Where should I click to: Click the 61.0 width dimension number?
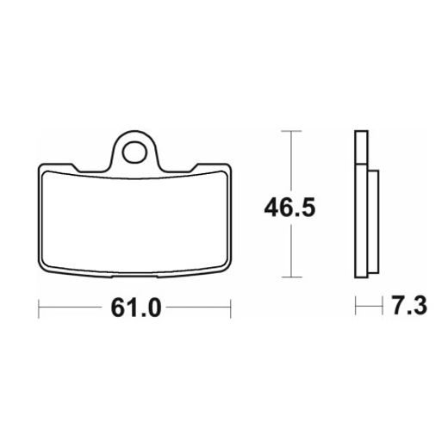pos(136,308)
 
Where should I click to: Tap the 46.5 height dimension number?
pos(289,208)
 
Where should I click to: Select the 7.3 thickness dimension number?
pos(409,306)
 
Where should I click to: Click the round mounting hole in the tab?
pos(134,152)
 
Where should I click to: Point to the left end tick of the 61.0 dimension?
pos(39,308)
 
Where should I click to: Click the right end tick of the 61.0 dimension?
pos(231,308)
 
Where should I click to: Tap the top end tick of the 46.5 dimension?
pos(291,131)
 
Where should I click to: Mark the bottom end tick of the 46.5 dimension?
pos(291,277)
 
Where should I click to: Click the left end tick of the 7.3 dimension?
pos(356,306)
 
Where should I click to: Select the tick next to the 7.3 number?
pos(383,306)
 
